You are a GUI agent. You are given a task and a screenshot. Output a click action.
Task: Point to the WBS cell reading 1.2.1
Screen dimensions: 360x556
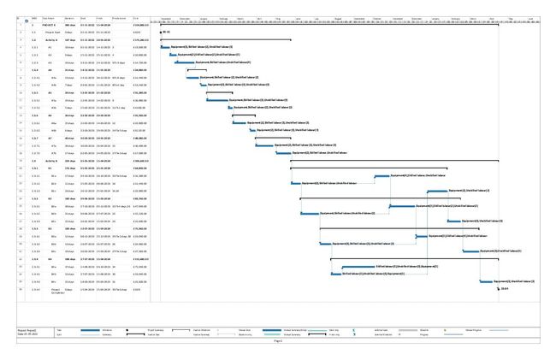pyautogui.click(x=35, y=168)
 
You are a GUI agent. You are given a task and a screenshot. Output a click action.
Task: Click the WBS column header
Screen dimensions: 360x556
pyautogui.click(x=35, y=18)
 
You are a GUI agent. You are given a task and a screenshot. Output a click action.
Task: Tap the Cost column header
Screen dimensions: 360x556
pyautogui.click(x=136, y=18)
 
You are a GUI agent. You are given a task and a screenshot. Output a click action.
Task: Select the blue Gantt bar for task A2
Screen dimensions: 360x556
pyautogui.click(x=172, y=55)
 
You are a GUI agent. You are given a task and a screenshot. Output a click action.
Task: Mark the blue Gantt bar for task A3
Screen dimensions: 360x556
pyautogui.click(x=184, y=62)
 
